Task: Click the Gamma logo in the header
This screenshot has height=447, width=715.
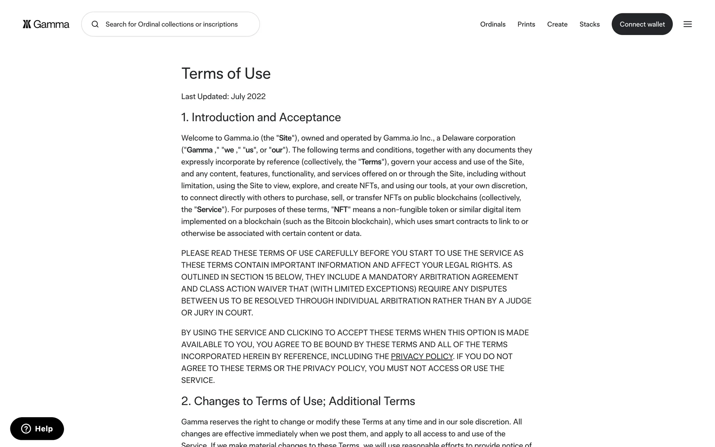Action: click(x=46, y=24)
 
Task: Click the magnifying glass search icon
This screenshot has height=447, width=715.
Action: click(x=95, y=24)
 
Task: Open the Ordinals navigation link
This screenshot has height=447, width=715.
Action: click(x=493, y=24)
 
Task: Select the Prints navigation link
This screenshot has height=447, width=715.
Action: click(x=526, y=24)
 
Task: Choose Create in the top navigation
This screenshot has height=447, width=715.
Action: click(x=557, y=24)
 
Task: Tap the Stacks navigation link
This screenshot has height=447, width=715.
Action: click(x=590, y=24)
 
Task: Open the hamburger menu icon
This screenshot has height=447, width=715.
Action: click(x=687, y=24)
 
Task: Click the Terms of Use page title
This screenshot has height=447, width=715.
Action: click(x=226, y=73)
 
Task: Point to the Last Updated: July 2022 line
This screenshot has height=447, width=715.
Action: click(x=223, y=96)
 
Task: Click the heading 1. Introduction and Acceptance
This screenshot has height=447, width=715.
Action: click(x=261, y=117)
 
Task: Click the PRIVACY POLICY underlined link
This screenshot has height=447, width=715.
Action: click(x=422, y=356)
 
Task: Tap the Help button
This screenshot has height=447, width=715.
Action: click(x=37, y=428)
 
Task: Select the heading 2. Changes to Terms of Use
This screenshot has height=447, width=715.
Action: click(x=298, y=401)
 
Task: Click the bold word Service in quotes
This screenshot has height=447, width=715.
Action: click(x=209, y=210)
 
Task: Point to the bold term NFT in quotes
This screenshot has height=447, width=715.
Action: click(x=341, y=210)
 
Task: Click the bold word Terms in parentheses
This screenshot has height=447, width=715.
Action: click(x=371, y=162)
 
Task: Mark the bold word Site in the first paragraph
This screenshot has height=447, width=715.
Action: click(x=285, y=138)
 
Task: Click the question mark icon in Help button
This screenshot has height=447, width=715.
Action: click(x=26, y=428)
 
